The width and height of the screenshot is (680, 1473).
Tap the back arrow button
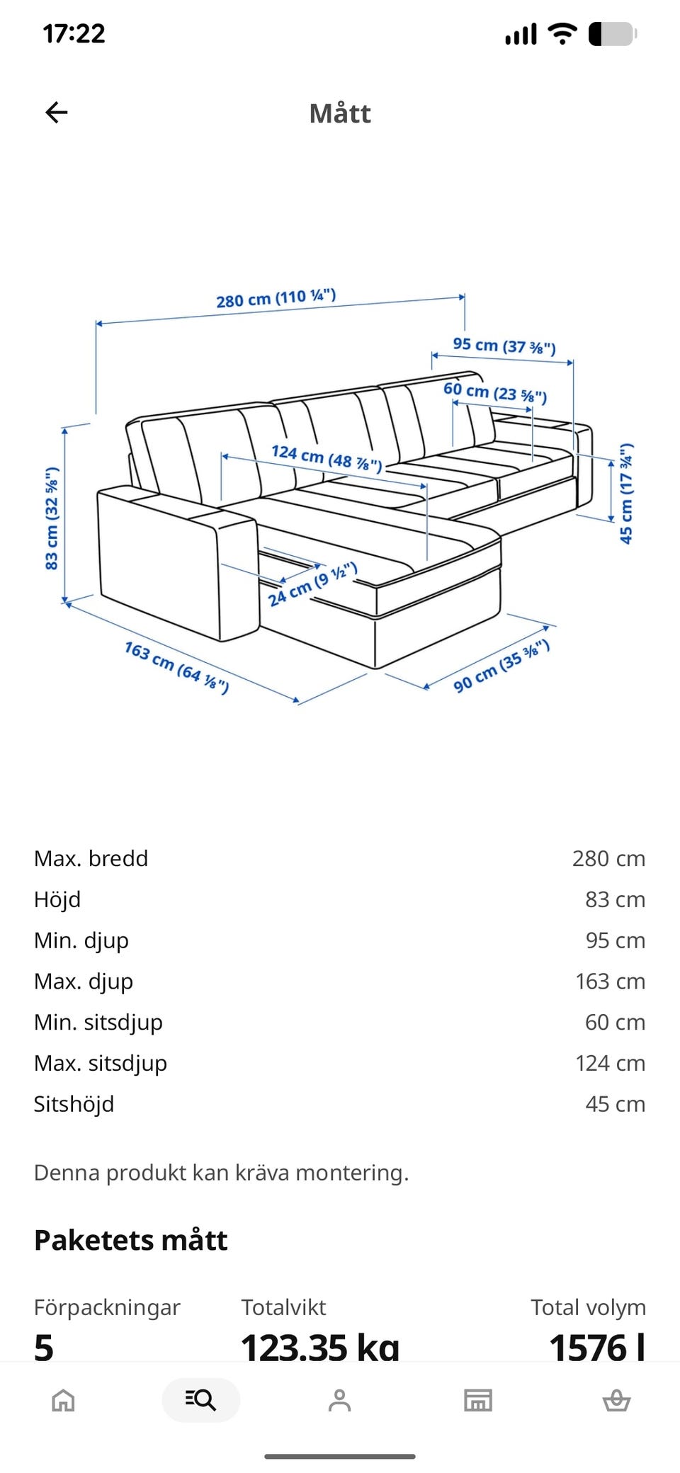tap(56, 112)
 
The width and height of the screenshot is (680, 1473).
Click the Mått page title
tap(340, 113)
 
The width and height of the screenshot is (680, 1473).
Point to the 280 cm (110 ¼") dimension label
tap(276, 299)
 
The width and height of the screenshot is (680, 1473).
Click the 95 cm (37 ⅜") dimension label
tap(504, 346)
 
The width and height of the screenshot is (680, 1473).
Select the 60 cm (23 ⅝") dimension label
tap(495, 392)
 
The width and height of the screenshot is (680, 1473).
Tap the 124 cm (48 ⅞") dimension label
tap(327, 457)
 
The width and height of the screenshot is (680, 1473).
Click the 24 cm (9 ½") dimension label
tap(312, 585)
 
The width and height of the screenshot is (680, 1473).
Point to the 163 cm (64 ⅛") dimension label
tap(176, 668)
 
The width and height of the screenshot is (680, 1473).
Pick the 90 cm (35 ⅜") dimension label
tap(501, 666)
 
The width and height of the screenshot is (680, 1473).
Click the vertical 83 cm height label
tap(52, 518)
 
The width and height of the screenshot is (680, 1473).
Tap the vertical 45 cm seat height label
tap(626, 494)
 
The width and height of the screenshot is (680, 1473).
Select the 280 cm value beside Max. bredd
tap(608, 858)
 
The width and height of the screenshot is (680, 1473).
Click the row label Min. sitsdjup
tap(98, 1023)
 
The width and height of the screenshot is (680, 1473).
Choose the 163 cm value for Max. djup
tap(610, 982)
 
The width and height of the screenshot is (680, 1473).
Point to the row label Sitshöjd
tap(74, 1105)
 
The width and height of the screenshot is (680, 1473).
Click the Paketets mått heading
tap(131, 1241)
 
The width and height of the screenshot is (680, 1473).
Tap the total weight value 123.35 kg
tap(320, 1347)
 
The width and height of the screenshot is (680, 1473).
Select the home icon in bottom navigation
tap(63, 1400)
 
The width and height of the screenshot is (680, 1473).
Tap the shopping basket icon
tap(616, 1400)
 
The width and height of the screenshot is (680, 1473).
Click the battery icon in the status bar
tap(613, 34)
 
